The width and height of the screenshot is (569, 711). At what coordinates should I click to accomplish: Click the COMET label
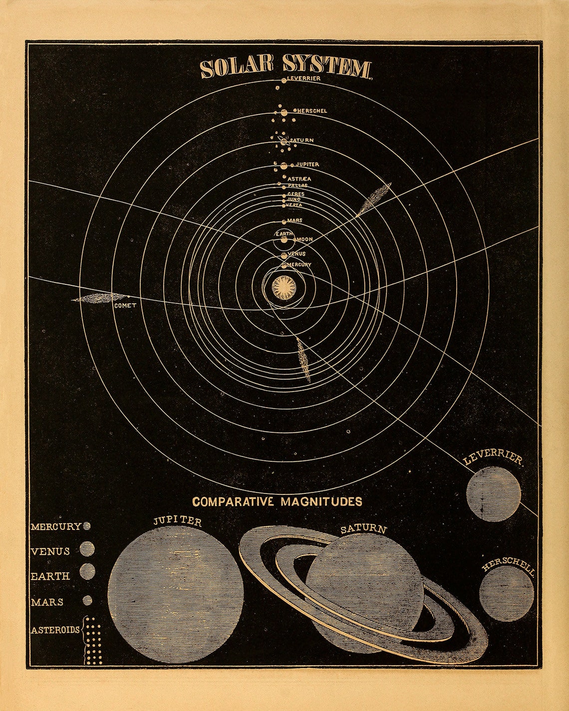pos(125,305)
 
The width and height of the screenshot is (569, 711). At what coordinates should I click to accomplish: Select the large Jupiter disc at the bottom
pos(176,595)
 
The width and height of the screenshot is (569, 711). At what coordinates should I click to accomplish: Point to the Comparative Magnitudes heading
pos(278,501)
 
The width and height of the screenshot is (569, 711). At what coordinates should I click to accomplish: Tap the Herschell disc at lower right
pos(506,593)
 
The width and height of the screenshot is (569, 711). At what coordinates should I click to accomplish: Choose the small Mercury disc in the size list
pos(87,526)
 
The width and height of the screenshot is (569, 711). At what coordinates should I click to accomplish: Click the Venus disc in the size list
pos(87,549)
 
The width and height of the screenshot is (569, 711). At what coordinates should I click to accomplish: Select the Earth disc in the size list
pos(87,571)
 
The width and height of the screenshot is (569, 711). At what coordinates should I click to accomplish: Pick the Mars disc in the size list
pos(87,600)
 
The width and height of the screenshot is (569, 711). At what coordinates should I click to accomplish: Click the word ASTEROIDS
pos(55,630)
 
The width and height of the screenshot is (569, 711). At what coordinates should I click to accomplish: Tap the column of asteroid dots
pos(93,641)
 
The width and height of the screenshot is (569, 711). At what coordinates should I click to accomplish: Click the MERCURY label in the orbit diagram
pos(299,264)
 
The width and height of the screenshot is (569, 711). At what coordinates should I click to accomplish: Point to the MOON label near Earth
pos(305,239)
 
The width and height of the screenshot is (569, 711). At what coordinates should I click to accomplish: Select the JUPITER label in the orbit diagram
pos(307,164)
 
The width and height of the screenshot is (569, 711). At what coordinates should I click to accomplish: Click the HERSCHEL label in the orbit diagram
pos(312,111)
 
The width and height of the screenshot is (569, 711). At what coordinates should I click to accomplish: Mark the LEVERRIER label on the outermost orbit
pos(304,78)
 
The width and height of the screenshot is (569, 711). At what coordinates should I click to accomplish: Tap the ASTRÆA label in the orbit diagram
pos(299,179)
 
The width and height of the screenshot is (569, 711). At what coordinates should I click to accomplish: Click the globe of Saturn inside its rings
pos(364,579)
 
